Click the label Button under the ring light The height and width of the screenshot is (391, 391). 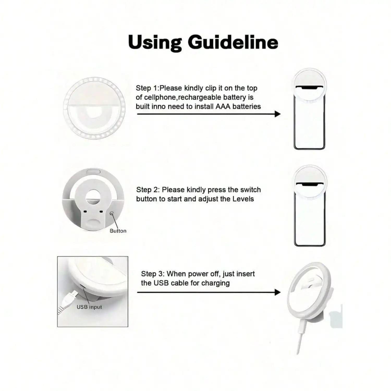click(x=118, y=231)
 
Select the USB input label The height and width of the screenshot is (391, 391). click(x=89, y=307)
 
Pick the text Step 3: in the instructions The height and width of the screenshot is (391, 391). click(x=153, y=274)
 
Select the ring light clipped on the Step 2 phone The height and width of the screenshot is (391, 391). click(x=309, y=181)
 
